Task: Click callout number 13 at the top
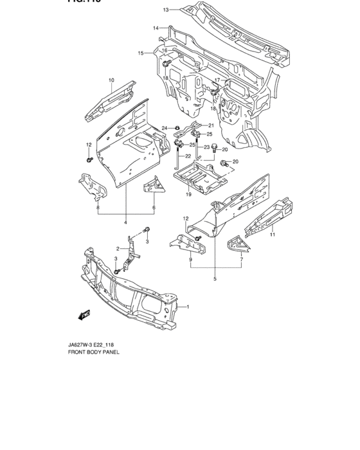tap(165, 10)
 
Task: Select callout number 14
tap(156, 28)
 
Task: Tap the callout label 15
tap(140, 53)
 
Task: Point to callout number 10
tap(111, 80)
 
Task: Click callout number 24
tap(165, 128)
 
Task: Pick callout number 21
tap(210, 125)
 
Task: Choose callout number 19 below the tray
tap(188, 194)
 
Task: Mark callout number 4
tap(126, 223)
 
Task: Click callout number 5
tap(215, 279)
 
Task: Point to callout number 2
tap(118, 249)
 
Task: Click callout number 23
tap(207, 147)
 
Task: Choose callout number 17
tap(217, 80)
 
